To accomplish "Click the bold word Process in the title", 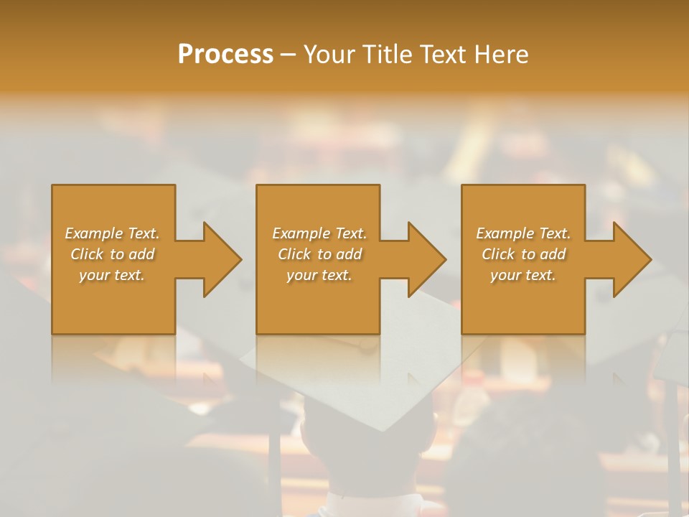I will (225, 55).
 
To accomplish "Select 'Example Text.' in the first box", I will (112, 233).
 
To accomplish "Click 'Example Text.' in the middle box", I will (319, 233).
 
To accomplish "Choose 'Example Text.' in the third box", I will (523, 233).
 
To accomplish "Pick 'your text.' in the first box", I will (112, 275).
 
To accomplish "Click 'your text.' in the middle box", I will (319, 275).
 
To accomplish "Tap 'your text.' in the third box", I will (523, 275).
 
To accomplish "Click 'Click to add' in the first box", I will (112, 254).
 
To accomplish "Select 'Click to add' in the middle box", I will (319, 254).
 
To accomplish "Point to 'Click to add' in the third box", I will (523, 254).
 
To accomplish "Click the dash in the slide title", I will (288, 55).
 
